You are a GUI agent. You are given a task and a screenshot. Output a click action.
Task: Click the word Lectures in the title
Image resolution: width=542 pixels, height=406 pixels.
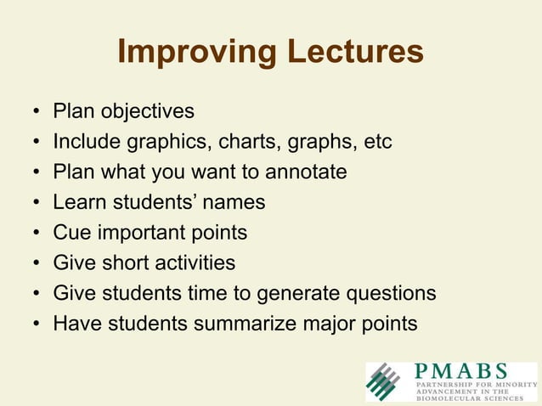point(350,53)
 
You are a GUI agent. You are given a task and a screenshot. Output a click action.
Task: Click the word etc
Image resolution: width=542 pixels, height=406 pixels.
point(377,142)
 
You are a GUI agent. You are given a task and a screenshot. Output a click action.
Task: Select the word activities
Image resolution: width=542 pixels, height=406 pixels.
point(195,263)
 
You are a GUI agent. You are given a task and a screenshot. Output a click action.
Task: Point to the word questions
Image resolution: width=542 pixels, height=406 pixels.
point(390,294)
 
